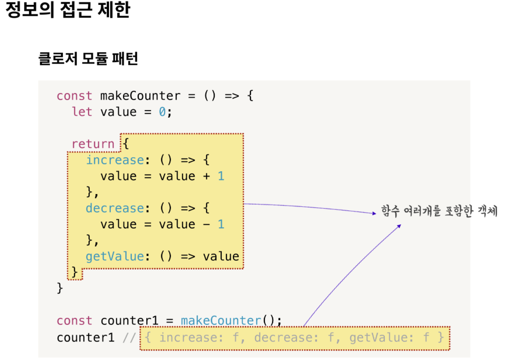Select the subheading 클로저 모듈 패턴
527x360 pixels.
pos(88,58)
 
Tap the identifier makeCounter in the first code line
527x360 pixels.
pos(140,96)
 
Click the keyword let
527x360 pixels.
pos(82,112)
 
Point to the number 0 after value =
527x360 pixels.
pos(162,112)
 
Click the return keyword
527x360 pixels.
pos(93,144)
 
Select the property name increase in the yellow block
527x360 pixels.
pos(115,160)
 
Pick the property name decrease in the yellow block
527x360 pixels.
pos(115,208)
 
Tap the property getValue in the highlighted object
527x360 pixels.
pos(115,256)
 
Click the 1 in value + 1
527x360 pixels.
pos(221,176)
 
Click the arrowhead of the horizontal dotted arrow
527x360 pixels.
pos(374,213)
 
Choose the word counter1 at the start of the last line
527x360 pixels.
pos(85,338)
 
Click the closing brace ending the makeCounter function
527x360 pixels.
pos(60,288)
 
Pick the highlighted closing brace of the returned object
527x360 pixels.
pos(75,272)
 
